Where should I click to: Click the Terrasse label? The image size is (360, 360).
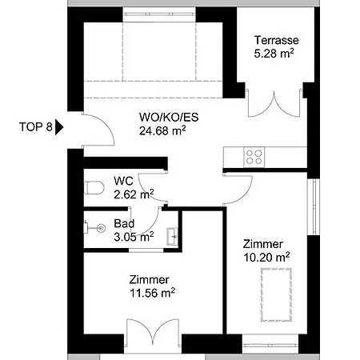click(x=276, y=40)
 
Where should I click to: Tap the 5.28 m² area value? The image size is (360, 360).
click(x=274, y=54)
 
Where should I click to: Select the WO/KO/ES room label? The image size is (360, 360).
click(x=169, y=118)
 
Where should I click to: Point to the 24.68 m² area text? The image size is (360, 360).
click(x=162, y=130)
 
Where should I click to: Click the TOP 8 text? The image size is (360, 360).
click(x=36, y=126)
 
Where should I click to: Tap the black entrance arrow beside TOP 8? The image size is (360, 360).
click(x=59, y=127)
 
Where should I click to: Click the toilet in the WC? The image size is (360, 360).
click(x=94, y=187)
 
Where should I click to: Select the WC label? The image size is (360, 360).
click(x=123, y=181)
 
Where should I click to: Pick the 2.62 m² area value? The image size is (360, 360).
click(x=134, y=194)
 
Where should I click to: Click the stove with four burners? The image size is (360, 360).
click(x=254, y=157)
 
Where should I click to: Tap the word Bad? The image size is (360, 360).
click(x=124, y=223)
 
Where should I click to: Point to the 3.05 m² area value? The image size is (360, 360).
click(x=134, y=237)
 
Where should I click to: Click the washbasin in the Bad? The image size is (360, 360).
click(x=172, y=236)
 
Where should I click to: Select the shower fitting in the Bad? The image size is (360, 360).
click(x=95, y=228)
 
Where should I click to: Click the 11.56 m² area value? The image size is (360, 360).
click(x=152, y=293)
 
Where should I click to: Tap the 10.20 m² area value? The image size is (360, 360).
click(x=266, y=258)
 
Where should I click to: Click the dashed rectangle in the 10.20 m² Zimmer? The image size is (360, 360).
click(x=276, y=294)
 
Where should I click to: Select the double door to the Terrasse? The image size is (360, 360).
click(x=274, y=104)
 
